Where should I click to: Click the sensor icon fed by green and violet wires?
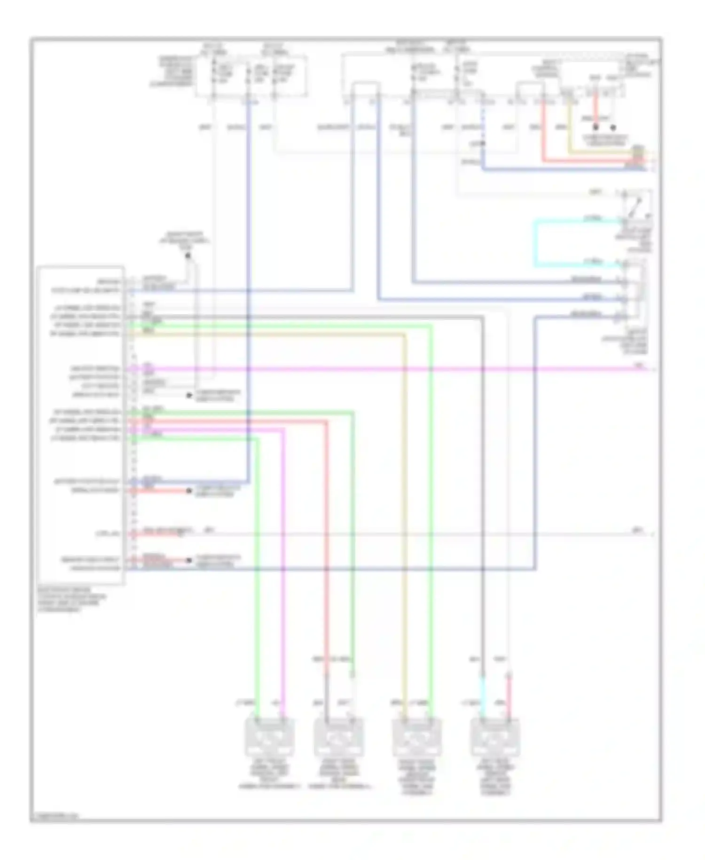(x=270, y=737)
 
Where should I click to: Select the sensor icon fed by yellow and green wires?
(x=416, y=737)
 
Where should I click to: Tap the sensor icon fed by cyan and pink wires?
(x=495, y=737)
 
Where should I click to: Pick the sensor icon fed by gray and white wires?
(x=338, y=737)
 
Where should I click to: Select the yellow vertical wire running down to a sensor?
(x=404, y=518)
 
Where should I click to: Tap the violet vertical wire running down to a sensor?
(x=283, y=565)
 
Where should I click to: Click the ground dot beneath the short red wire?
(x=595, y=127)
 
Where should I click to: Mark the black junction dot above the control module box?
(x=188, y=255)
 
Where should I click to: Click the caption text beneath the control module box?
(x=70, y=599)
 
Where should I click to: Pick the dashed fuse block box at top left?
(x=251, y=75)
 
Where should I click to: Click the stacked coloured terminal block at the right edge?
(x=638, y=158)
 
